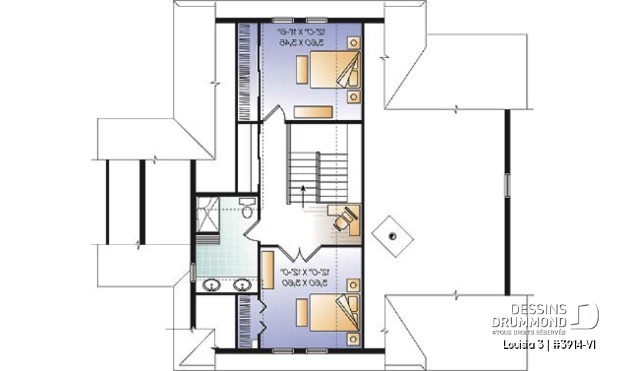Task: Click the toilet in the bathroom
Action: pos(246,209)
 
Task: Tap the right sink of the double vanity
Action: pos(243,285)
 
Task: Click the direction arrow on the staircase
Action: pos(303,194)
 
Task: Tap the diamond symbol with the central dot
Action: pos(392,236)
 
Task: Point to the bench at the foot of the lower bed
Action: pos(303,308)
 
